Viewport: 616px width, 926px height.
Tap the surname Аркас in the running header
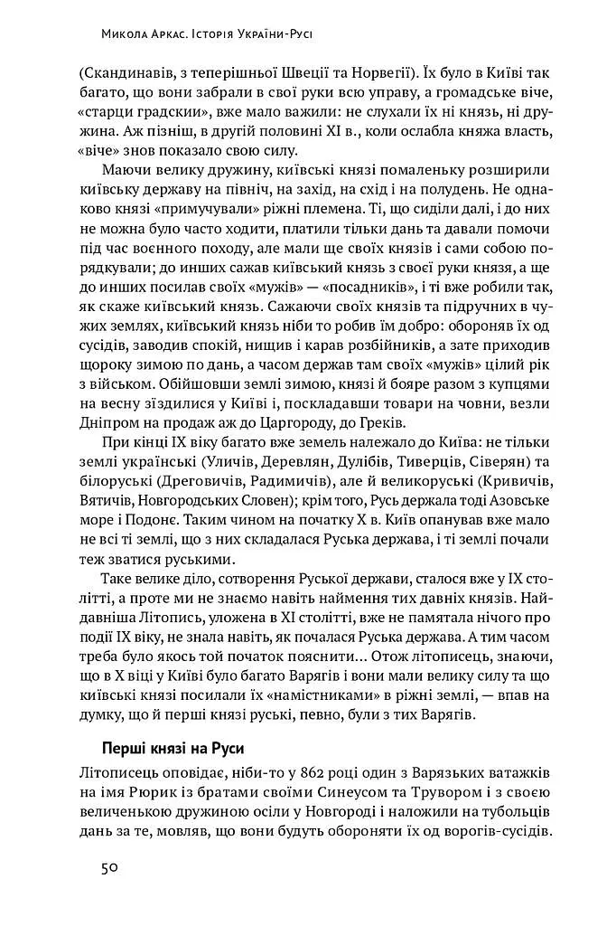tap(165, 37)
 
